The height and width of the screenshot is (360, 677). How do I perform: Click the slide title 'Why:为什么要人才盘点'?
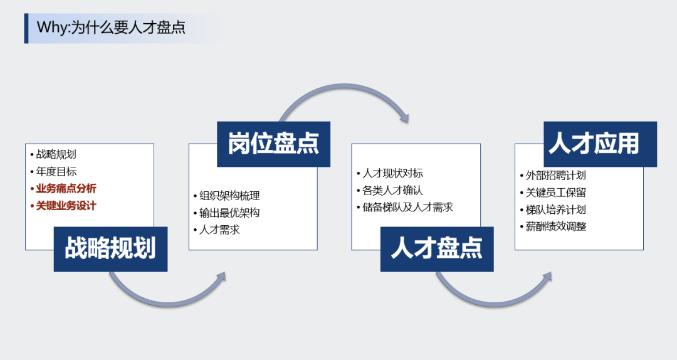coord(111,28)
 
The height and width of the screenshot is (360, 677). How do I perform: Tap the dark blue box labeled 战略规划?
coord(110,249)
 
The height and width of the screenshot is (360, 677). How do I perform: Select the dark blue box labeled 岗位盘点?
coord(273,144)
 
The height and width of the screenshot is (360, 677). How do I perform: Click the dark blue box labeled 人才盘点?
coord(437,249)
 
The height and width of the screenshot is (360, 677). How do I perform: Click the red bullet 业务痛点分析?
coord(66,188)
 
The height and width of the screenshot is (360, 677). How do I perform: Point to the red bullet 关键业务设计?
coord(66,205)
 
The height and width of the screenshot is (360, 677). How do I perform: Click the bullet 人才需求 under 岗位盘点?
coord(219,230)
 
